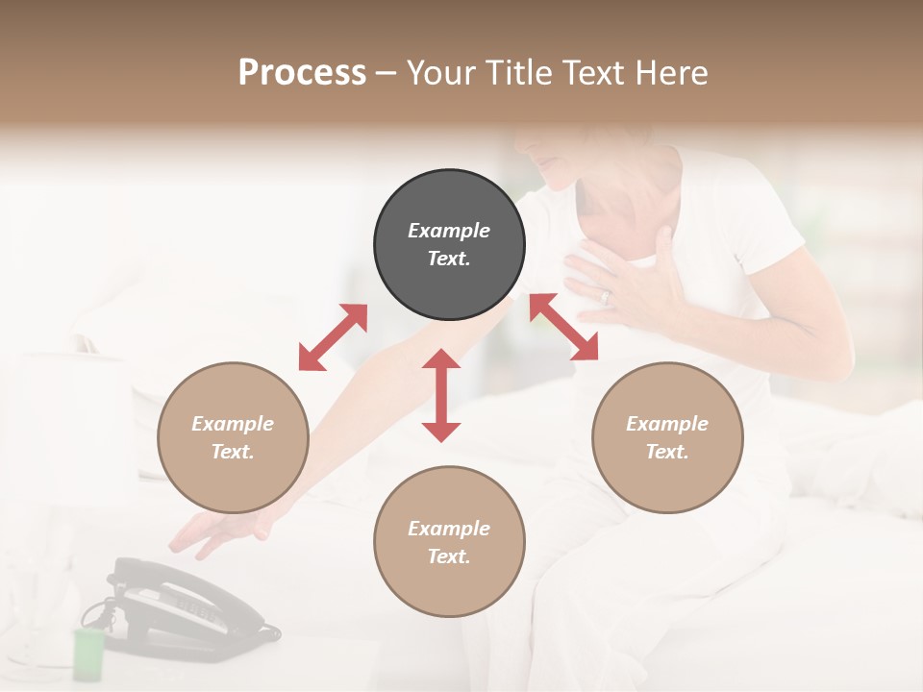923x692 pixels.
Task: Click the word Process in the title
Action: pos(302,72)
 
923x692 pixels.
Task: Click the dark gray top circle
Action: pos(449,245)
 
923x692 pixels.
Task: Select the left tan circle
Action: pos(233,438)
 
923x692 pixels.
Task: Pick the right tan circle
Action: pos(667,438)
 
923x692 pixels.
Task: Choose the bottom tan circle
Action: pos(449,542)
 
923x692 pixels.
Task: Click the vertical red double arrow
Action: pos(441,395)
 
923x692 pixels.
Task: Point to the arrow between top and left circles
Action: pos(333,337)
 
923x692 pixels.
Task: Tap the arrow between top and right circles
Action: pos(563,327)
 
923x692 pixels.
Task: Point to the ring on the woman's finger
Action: pos(605,298)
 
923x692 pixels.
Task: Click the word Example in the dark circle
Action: pos(449,231)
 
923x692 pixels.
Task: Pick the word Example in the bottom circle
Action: pos(449,529)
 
